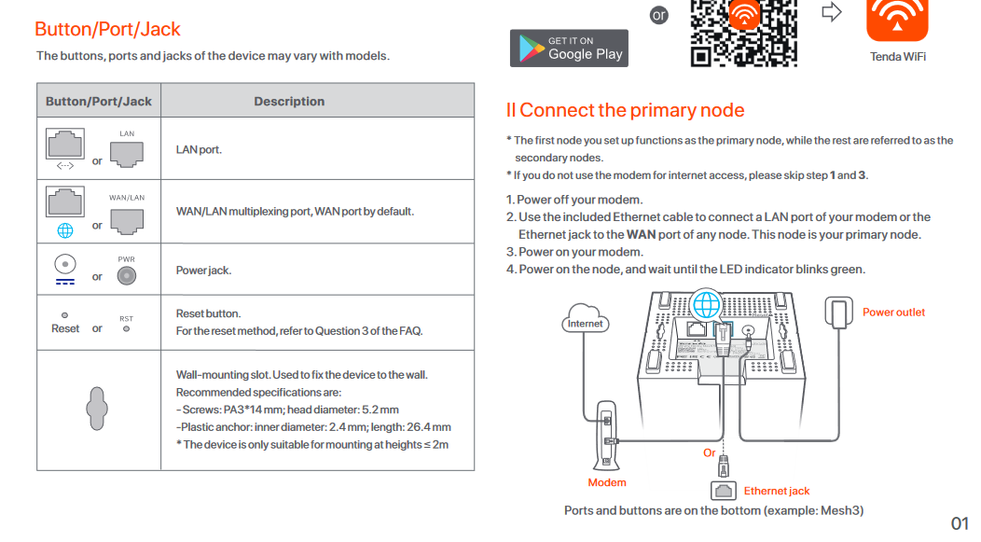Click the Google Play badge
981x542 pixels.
[x=569, y=49]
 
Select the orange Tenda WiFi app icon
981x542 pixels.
[x=897, y=20]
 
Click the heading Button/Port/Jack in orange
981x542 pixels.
[x=107, y=29]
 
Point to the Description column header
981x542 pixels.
[x=289, y=102]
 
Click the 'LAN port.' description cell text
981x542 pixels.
[x=199, y=149]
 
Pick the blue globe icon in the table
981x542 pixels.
[x=65, y=231]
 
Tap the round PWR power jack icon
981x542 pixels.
[x=127, y=275]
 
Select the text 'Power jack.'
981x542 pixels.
[x=203, y=271]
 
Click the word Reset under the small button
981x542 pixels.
[x=65, y=329]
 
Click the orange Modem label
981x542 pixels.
[x=607, y=483]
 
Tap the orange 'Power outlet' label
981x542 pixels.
[x=893, y=313]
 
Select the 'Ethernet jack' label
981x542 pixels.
[x=777, y=491]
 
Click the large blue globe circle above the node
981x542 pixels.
[x=708, y=303]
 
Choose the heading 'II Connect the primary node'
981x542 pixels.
[x=625, y=110]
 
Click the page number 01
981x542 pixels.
[x=960, y=523]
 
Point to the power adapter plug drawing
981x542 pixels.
[x=839, y=313]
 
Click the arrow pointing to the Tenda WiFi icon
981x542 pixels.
[x=831, y=12]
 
